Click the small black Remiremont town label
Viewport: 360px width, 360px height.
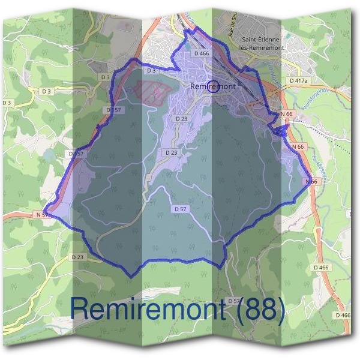[214, 86]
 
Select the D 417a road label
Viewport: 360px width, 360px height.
[298, 80]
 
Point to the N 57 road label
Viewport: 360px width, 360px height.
[41, 214]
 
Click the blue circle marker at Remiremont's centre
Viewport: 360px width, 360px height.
[214, 86]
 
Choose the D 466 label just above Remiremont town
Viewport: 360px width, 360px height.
[202, 53]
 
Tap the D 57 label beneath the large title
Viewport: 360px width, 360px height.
[234, 301]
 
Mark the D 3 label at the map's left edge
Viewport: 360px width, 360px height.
[7, 103]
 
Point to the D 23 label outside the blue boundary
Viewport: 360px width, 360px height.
[77, 257]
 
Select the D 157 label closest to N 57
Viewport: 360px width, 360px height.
[77, 154]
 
